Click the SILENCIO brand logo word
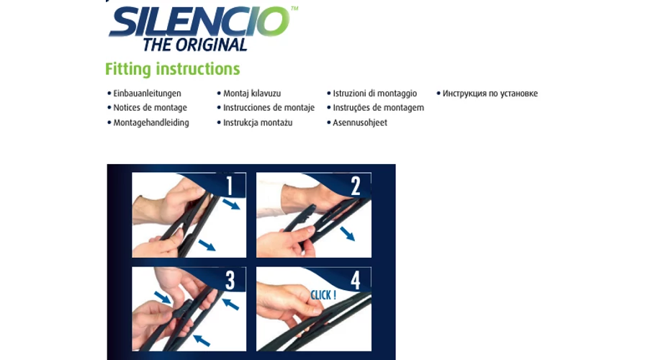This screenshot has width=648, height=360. [x=199, y=22]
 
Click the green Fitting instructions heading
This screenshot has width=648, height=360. [x=172, y=69]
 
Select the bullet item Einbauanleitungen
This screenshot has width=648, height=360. [x=147, y=94]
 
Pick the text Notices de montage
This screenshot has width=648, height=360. [x=150, y=107]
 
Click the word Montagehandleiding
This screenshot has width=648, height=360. [x=151, y=122]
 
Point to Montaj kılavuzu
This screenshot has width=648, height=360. [x=252, y=94]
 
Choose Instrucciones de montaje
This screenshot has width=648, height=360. [x=269, y=107]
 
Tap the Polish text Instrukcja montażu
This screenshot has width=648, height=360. [x=258, y=122]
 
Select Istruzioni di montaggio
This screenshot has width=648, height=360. [x=375, y=94]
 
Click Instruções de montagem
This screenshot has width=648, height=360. [x=379, y=107]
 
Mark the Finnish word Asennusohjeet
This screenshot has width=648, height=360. [x=360, y=122]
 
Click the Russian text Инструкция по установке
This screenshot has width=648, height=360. [x=490, y=94]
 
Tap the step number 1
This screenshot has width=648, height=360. [x=230, y=186]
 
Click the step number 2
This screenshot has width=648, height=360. [x=356, y=186]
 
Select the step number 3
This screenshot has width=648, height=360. [x=230, y=280]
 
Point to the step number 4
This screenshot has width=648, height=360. [x=356, y=280]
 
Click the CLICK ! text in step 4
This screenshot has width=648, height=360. [x=323, y=295]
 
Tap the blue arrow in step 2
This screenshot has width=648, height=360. [x=348, y=233]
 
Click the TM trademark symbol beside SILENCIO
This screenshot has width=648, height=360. [x=294, y=8]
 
